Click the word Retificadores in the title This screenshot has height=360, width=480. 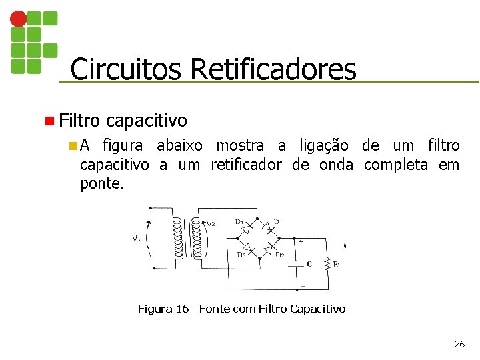273,69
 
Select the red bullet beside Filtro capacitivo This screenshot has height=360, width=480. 49,121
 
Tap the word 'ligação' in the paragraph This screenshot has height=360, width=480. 323,146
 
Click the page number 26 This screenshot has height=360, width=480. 459,344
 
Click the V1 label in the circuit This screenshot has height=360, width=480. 136,239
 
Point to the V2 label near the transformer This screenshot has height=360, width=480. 211,224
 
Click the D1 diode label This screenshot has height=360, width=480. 278,222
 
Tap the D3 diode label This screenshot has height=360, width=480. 242,255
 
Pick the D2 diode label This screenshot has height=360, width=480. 281,255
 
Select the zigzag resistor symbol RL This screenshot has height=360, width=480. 327,264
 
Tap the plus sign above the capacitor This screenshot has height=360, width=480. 301,243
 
